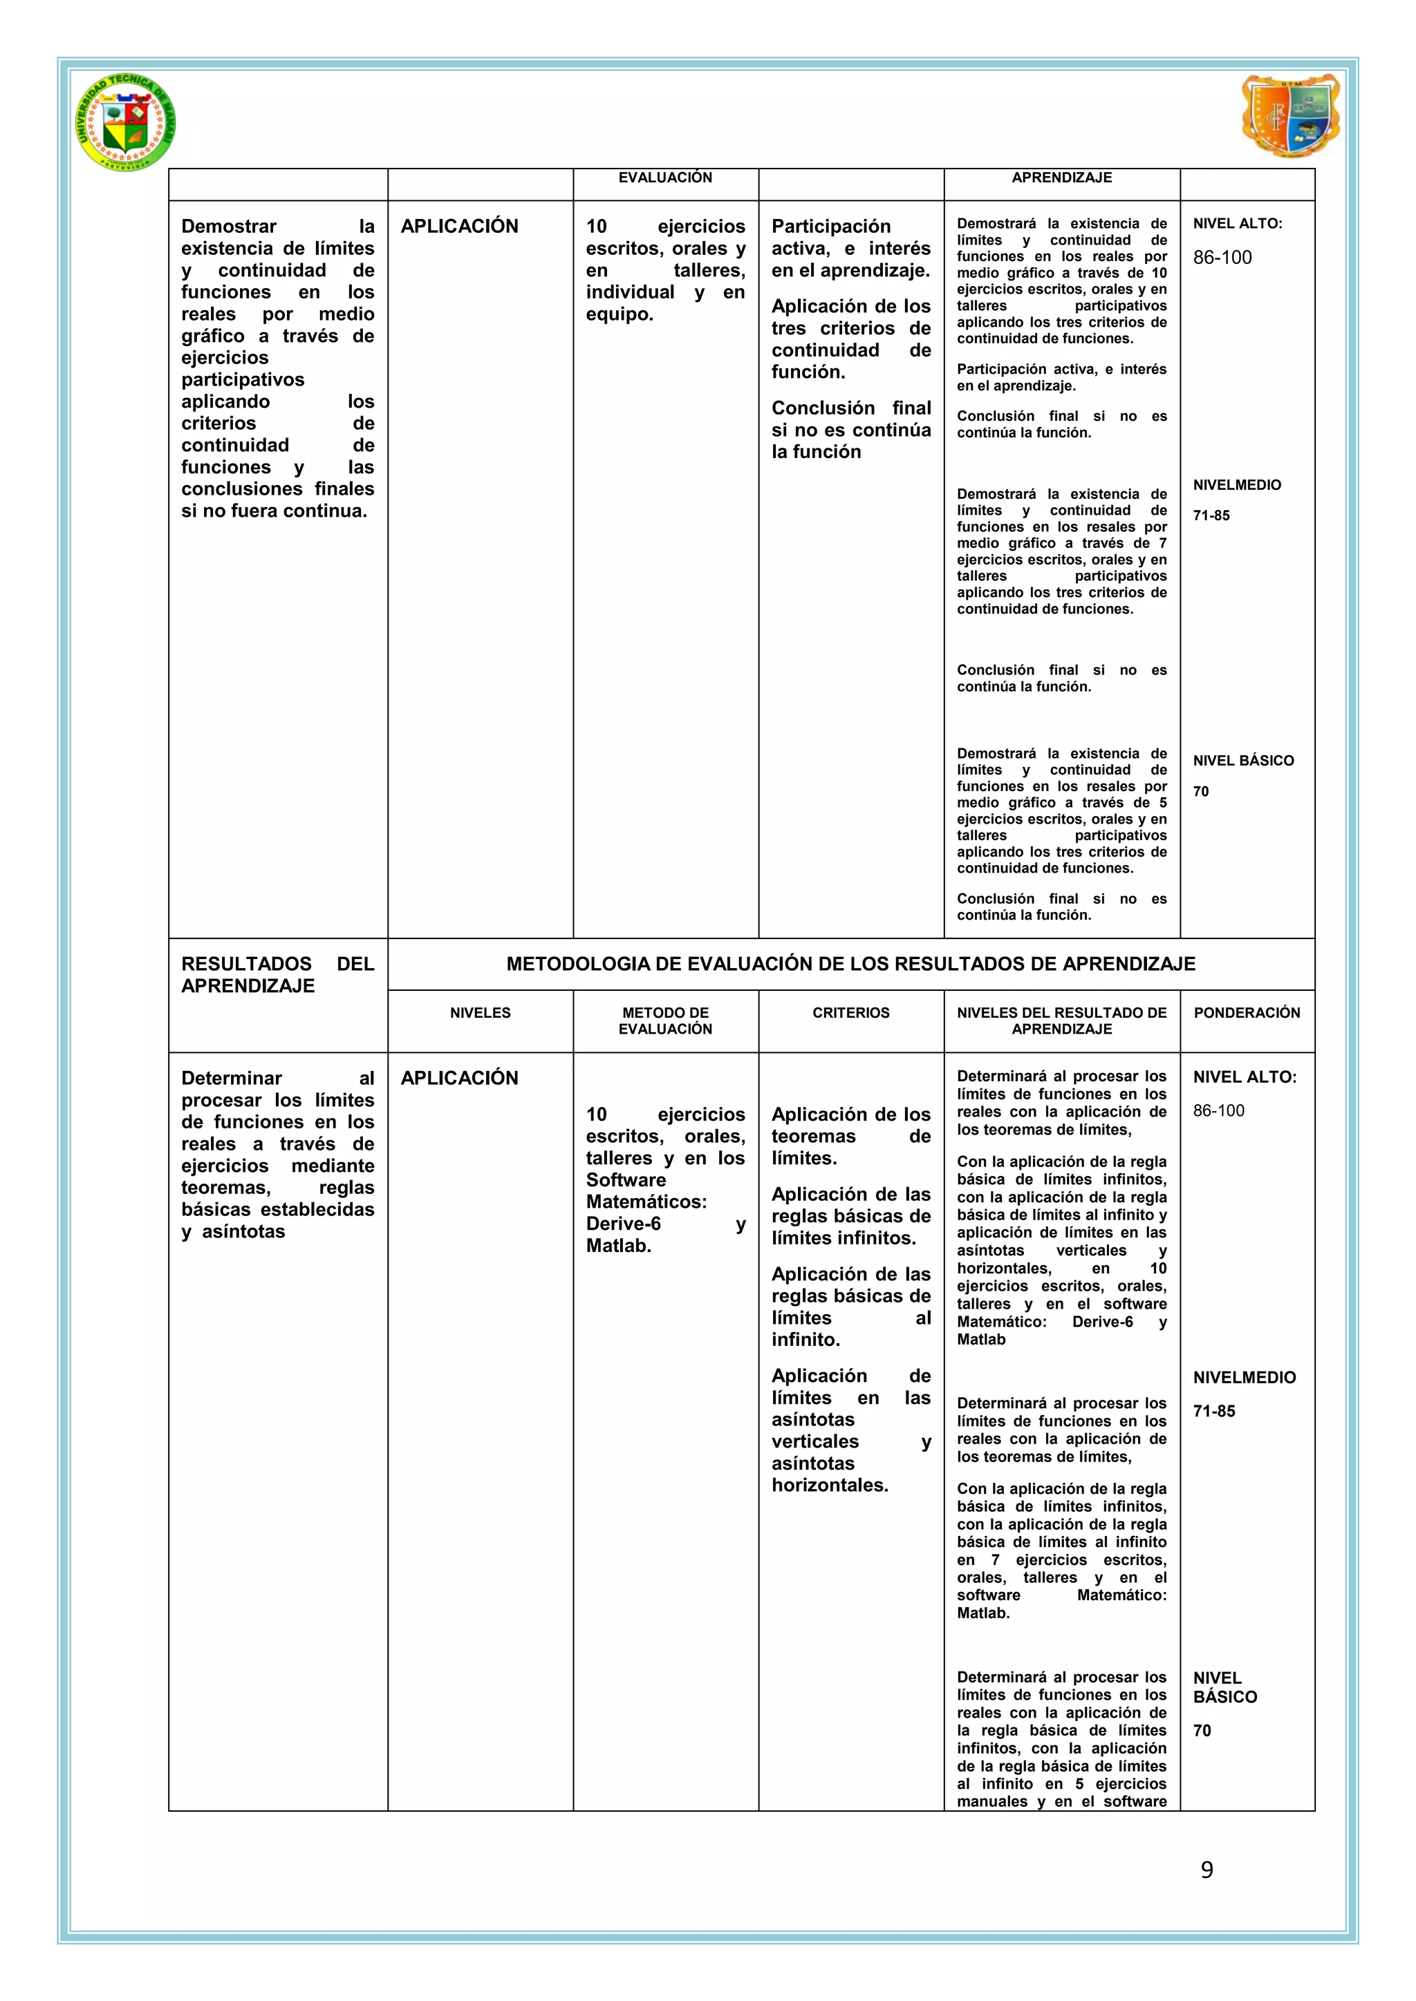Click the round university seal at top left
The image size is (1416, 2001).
(124, 122)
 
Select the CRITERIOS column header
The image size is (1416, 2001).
(851, 1013)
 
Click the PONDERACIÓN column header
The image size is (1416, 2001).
(1247, 1013)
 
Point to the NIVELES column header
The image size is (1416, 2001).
(481, 1013)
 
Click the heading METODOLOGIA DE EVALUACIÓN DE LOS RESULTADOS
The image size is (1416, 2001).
(851, 964)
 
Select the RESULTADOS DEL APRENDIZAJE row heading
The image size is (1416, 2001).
(277, 974)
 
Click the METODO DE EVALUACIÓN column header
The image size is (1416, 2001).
(665, 1021)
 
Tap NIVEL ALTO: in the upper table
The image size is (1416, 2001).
(1237, 223)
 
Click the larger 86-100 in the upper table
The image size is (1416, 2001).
(1222, 257)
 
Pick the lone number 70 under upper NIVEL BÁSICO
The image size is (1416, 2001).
(1201, 791)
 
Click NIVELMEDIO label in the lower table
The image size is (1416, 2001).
(1245, 1377)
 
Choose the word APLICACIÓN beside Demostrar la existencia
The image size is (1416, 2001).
(460, 227)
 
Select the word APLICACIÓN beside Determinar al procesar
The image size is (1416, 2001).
(460, 1078)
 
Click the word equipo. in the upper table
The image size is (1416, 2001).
(619, 314)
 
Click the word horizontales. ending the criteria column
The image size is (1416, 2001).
(829, 1485)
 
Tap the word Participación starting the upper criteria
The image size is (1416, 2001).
(831, 227)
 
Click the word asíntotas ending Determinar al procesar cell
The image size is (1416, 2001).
(243, 1231)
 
